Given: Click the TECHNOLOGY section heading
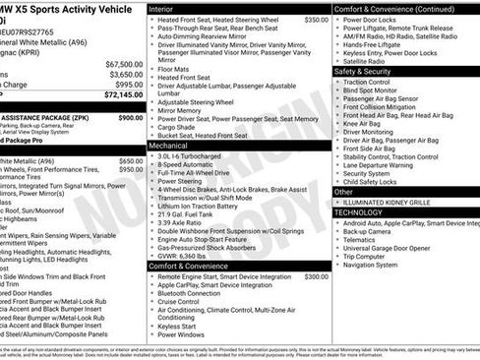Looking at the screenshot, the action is pos(358,212).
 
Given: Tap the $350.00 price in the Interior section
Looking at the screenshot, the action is pos(316,20).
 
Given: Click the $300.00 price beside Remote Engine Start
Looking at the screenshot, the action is pos(316,276).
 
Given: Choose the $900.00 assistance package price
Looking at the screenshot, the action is pos(130,117).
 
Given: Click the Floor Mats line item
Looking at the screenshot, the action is pos(175,70).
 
